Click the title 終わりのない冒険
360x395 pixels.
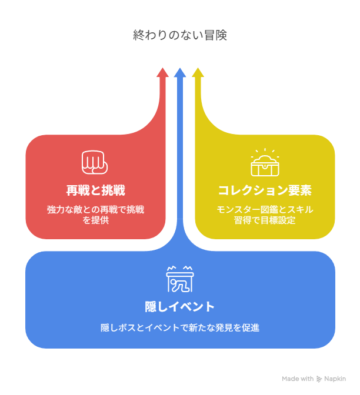pos(180,35)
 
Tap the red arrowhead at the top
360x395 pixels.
pos(162,72)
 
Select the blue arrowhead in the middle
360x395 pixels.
pos(180,72)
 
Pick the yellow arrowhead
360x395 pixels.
pos(198,72)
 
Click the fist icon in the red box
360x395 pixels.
pos(95,162)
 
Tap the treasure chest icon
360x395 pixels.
pos(265,166)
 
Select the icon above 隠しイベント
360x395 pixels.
pos(180,279)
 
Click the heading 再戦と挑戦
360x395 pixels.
pos(95,190)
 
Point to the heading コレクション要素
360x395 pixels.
pos(265,190)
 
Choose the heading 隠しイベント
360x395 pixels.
pos(180,307)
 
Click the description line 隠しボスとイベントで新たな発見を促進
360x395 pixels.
pos(180,328)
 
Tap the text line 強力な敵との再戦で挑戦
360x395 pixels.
pos(95,210)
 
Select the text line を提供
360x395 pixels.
pos(95,220)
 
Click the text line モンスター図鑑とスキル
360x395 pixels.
pos(265,210)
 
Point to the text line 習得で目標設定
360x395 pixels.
pos(265,220)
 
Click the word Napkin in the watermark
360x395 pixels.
pos(335,379)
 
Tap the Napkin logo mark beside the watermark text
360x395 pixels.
pos(319,379)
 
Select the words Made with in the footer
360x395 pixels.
pos(298,379)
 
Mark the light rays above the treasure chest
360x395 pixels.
pos(265,152)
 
